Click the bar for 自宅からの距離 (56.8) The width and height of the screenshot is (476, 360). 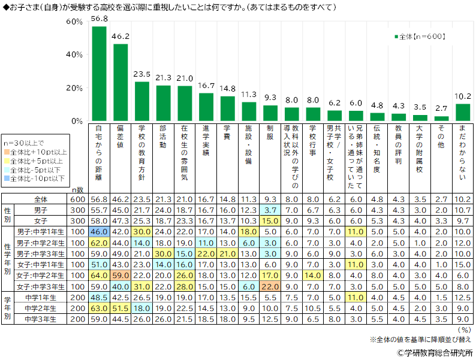click(x=99, y=74)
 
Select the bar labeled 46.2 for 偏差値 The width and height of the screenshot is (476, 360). click(x=120, y=83)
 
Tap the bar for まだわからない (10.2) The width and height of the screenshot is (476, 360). click(x=463, y=113)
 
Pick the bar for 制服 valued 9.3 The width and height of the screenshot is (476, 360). click(x=270, y=113)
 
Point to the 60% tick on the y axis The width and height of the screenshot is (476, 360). click(x=74, y=22)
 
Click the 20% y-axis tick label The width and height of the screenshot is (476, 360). click(x=74, y=88)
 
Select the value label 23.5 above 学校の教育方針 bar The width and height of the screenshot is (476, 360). click(x=142, y=75)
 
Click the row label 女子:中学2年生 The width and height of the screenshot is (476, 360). click(x=40, y=275)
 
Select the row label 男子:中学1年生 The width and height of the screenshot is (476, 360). click(x=40, y=232)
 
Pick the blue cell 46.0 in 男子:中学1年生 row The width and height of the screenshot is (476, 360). click(x=99, y=232)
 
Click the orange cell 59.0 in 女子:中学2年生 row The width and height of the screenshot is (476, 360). click(x=120, y=275)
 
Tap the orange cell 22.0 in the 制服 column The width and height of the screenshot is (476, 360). click(x=270, y=286)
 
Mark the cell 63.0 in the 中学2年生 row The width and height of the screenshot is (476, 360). click(x=99, y=307)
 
